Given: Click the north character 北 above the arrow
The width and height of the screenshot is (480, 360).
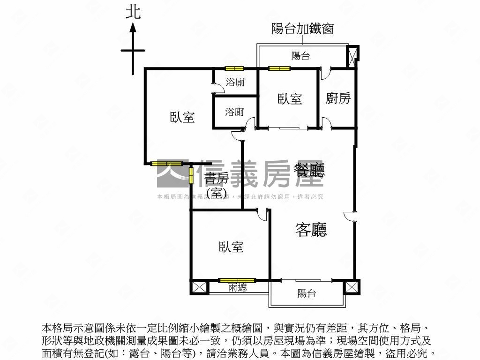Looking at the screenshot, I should (133, 12).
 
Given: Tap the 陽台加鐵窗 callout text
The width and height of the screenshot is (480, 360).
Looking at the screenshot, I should (302, 29).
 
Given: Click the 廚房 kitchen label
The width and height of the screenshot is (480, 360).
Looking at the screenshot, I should (338, 98).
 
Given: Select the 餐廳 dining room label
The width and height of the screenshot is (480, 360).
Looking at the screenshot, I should (308, 170).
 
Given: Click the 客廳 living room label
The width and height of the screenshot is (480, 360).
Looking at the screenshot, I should (311, 229).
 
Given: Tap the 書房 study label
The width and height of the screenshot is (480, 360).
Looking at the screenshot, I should (216, 179).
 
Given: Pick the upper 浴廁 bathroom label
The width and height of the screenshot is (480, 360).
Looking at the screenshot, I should (235, 82).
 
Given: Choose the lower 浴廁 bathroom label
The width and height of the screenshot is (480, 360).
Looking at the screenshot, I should (234, 112).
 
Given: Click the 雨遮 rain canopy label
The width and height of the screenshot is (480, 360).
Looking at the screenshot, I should (237, 288).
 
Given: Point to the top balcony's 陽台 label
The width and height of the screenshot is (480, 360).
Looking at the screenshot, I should (300, 56).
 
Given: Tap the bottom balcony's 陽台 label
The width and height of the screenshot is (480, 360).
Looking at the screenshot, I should (307, 293).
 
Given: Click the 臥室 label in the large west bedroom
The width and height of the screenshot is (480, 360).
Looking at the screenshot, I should (182, 117).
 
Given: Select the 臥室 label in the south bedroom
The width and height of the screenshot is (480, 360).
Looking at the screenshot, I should (231, 247).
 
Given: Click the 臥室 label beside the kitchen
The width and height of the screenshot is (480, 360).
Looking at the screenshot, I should (290, 99).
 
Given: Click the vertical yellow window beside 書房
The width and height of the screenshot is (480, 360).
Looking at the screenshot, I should (191, 175).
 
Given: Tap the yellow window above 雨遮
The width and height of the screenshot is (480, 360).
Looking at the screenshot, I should (237, 280).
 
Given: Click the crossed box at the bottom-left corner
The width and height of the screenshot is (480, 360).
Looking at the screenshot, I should (198, 287).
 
